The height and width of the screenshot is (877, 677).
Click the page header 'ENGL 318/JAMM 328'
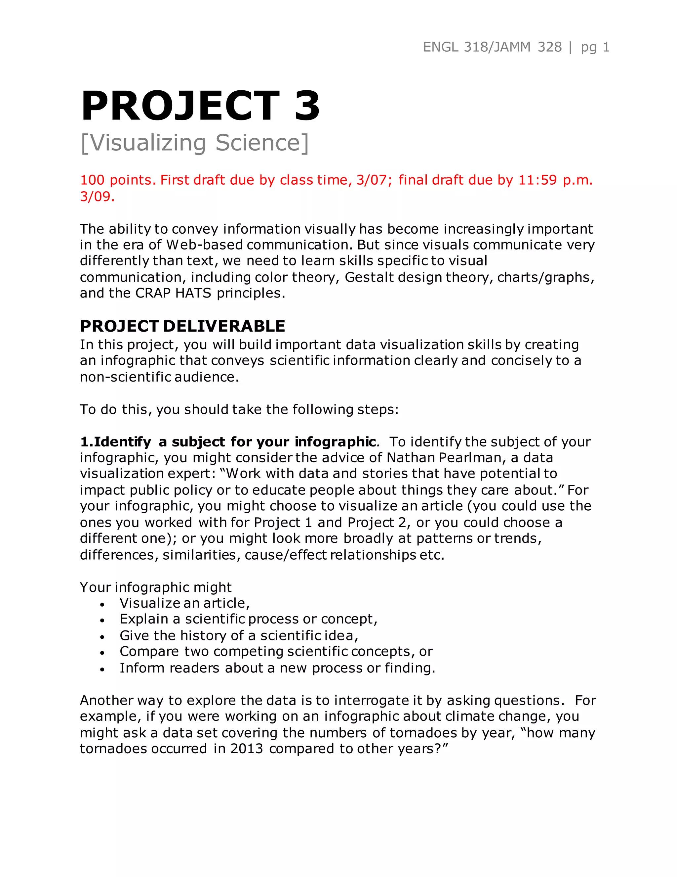point(492,47)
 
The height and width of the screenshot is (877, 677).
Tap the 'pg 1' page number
point(595,48)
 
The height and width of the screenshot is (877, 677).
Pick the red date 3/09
point(97,196)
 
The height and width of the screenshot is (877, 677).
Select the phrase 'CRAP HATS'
point(173,293)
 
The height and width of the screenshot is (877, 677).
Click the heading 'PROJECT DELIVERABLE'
point(182,326)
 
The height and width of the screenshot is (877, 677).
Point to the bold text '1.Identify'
point(115,442)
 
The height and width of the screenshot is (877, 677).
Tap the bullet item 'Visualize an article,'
point(184,603)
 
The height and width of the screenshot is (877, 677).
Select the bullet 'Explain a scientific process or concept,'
point(248,619)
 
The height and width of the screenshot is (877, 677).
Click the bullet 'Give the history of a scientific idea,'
point(239,636)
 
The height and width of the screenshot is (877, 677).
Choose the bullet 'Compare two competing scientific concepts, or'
point(276,651)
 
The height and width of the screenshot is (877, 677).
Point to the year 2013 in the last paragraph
point(247,749)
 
